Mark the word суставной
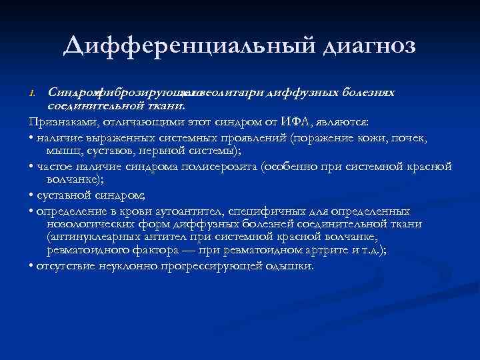62,195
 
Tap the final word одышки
292,265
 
